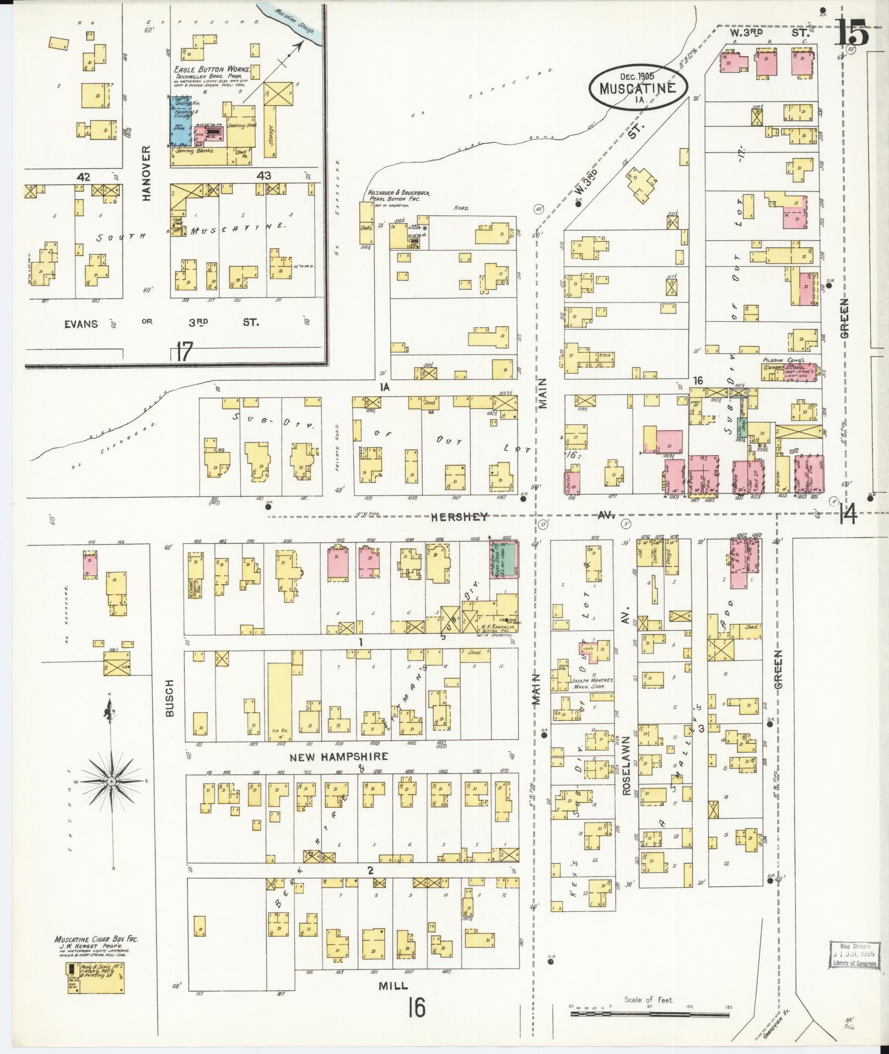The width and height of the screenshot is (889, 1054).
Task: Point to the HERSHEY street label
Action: click(x=460, y=517)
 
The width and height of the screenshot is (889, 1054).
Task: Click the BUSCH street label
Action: click(x=170, y=698)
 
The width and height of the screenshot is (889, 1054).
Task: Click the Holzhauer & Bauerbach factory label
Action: click(x=398, y=196)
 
